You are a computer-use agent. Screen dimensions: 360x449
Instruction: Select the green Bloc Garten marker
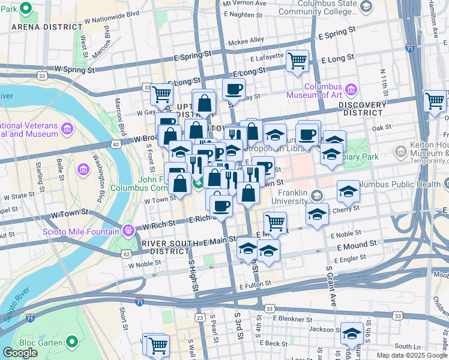click(x=73, y=343)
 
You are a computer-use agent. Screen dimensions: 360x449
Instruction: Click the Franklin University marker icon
click(x=318, y=195)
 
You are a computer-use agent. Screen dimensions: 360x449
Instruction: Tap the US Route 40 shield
click(x=115, y=144)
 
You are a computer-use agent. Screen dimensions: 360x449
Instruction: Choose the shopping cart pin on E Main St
click(x=275, y=222)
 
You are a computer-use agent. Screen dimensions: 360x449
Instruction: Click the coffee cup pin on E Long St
click(x=234, y=89)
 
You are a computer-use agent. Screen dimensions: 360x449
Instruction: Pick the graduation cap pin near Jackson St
click(x=352, y=333)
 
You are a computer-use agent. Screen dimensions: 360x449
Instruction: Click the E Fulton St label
click(x=258, y=286)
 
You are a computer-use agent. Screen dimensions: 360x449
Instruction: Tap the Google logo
click(x=20, y=353)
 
